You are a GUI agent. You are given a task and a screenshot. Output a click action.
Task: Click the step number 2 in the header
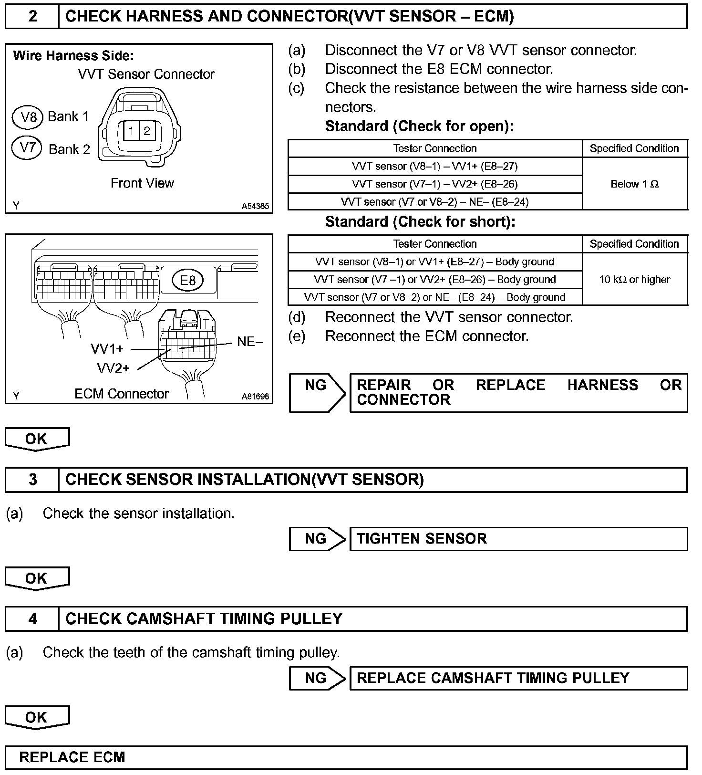point(32,17)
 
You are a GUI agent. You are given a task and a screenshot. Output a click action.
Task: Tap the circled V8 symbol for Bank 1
point(28,116)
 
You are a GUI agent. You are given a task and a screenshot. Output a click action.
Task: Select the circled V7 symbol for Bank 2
point(28,147)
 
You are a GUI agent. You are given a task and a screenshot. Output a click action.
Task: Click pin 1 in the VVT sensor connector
point(131,131)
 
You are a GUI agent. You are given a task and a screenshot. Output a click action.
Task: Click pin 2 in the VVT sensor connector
point(146,131)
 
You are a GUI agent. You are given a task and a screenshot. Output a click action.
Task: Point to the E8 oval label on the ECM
point(187,280)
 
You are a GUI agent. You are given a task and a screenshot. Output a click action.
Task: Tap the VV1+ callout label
point(107,349)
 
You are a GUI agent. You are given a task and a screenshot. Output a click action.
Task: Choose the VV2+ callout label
point(113,368)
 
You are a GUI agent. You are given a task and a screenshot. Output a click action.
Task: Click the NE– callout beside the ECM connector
point(250,342)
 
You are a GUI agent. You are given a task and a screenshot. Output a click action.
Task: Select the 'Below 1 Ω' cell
point(634,184)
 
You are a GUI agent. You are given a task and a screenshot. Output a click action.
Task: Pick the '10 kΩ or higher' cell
point(634,280)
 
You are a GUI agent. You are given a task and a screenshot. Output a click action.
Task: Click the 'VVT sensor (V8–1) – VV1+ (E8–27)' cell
point(434,167)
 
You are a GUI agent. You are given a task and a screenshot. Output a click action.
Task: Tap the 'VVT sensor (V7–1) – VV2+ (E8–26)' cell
point(434,184)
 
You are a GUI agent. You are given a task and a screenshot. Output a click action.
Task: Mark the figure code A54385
point(255,207)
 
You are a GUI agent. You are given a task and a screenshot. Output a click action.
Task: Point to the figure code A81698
point(255,397)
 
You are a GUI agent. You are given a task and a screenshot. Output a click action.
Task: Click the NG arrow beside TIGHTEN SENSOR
point(317,539)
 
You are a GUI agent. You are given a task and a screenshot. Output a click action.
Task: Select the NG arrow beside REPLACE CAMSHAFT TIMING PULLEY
point(317,678)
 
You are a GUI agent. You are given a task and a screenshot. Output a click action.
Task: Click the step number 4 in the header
point(32,619)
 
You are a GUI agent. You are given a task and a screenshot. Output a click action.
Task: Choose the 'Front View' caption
point(142,183)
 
